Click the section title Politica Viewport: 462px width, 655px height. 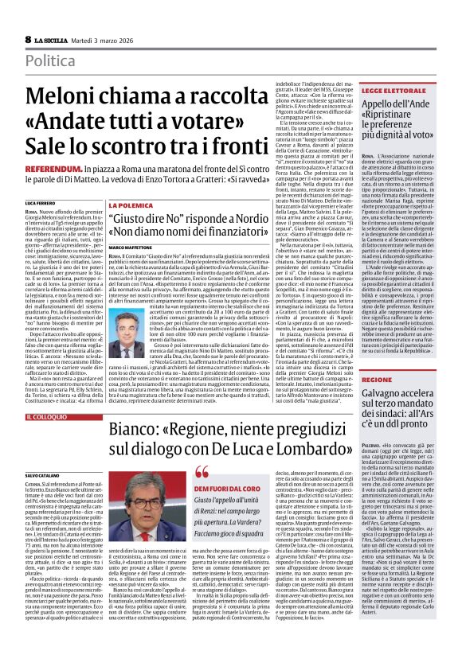53,60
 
